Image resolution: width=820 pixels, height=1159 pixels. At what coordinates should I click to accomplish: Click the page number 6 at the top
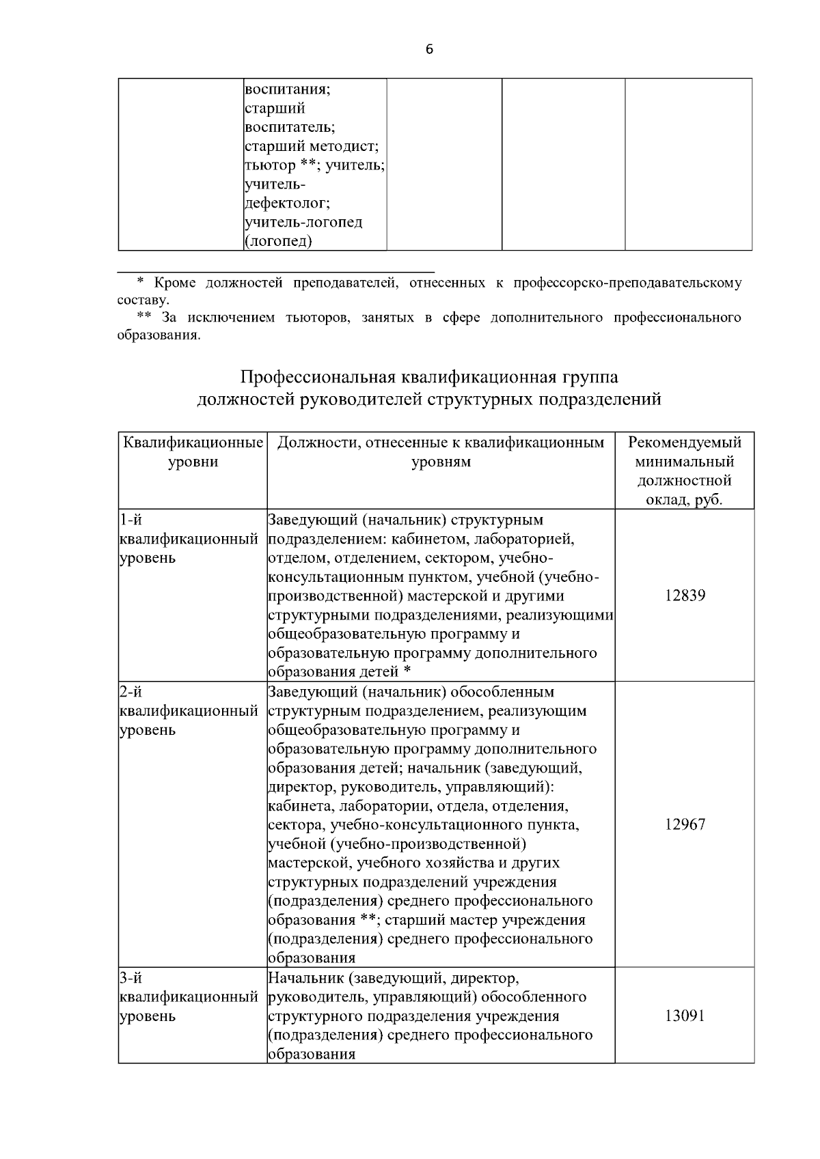pyautogui.click(x=429, y=49)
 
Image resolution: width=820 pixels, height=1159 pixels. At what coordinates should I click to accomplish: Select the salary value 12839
pyautogui.click(x=685, y=596)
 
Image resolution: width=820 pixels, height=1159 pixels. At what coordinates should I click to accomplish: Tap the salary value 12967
pyautogui.click(x=685, y=824)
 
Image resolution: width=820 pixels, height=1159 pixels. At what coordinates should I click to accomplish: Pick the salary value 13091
pyautogui.click(x=685, y=1016)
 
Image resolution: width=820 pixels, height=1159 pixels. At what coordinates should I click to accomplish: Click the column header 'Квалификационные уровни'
pyautogui.click(x=192, y=452)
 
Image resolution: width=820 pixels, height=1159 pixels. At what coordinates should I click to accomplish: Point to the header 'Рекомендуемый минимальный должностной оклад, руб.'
pyautogui.click(x=685, y=471)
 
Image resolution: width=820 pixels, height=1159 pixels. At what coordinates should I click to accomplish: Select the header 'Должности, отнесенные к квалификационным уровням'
pyautogui.click(x=441, y=452)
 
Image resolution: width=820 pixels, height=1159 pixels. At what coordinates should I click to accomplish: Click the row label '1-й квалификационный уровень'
pyautogui.click(x=188, y=539)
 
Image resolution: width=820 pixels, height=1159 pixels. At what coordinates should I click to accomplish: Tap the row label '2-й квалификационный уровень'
pyautogui.click(x=188, y=711)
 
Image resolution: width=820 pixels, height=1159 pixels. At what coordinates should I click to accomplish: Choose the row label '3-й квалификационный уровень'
pyautogui.click(x=188, y=997)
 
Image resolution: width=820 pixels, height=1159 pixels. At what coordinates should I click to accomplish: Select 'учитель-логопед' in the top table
pyautogui.click(x=303, y=222)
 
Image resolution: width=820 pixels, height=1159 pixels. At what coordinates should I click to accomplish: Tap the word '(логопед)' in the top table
pyautogui.click(x=278, y=241)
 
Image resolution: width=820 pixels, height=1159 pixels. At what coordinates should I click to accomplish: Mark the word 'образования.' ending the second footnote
pyautogui.click(x=159, y=336)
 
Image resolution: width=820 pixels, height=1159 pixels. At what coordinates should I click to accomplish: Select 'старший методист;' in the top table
pyautogui.click(x=312, y=146)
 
